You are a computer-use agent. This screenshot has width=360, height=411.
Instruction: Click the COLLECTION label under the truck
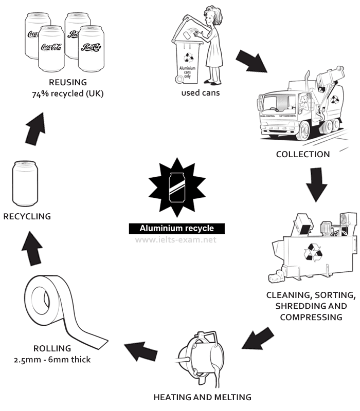click(303, 154)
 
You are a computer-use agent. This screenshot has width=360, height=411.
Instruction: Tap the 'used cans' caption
click(200, 93)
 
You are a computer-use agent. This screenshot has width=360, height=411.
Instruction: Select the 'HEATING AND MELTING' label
click(203, 397)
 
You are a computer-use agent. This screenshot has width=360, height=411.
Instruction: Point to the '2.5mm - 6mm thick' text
click(52, 359)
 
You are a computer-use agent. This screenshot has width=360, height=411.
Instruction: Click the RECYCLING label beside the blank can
click(27, 216)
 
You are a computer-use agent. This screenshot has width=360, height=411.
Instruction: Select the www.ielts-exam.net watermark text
click(176, 239)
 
